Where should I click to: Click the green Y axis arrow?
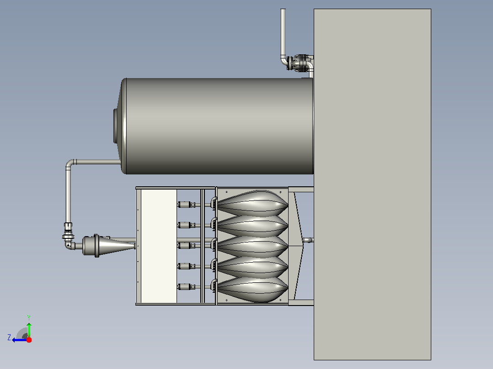pyautogui.click(x=29, y=330)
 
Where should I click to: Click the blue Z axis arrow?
pyautogui.click(x=20, y=340)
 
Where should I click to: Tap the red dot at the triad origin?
pyautogui.click(x=29, y=340)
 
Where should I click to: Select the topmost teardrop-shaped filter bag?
pyautogui.click(x=252, y=204)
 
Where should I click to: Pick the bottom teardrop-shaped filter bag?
pyautogui.click(x=252, y=289)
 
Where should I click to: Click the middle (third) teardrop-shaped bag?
pyautogui.click(x=252, y=246)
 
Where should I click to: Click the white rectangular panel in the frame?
pyautogui.click(x=159, y=246)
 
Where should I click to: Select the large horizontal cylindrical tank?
pyautogui.click(x=217, y=126)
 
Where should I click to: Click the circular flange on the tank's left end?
pyautogui.click(x=115, y=126)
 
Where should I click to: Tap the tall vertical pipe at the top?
pyautogui.click(x=283, y=33)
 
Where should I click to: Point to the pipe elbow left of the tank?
pyautogui.click(x=70, y=163)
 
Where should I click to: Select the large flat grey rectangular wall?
pyautogui.click(x=372, y=184)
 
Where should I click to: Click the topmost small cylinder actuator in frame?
pyautogui.click(x=187, y=205)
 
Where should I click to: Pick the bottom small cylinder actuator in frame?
pyautogui.click(x=187, y=287)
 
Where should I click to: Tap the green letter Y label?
pyautogui.click(x=29, y=317)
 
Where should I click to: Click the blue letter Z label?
pyautogui.click(x=9, y=337)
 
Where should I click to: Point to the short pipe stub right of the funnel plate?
pyautogui.click(x=308, y=240)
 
